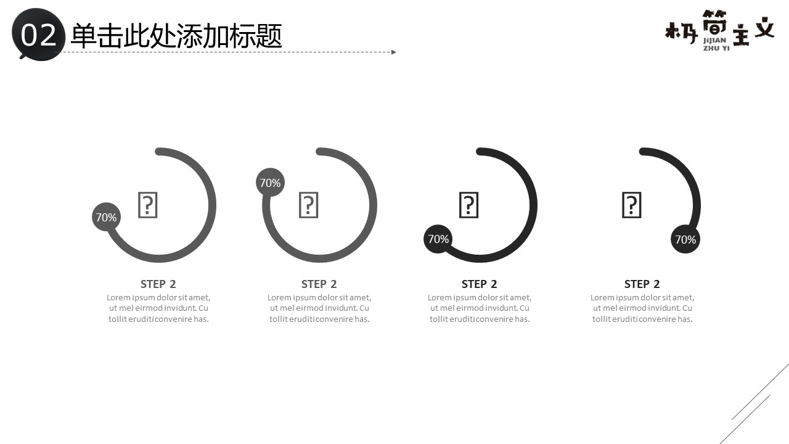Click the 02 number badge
click(x=38, y=35)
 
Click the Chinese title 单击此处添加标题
click(x=176, y=36)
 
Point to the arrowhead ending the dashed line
click(x=394, y=52)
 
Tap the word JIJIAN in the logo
click(x=714, y=40)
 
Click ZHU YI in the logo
click(x=716, y=48)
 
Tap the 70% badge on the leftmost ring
click(x=107, y=217)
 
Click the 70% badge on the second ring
click(x=270, y=183)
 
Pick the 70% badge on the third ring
click(x=438, y=239)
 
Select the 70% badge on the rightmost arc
click(x=685, y=239)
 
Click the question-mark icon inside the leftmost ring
click(x=147, y=205)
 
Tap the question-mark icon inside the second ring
click(x=309, y=205)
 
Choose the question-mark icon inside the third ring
click(x=469, y=205)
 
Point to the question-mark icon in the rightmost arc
click(x=632, y=205)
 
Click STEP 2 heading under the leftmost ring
click(x=158, y=284)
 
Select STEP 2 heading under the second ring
click(x=319, y=284)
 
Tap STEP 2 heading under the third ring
click(x=480, y=284)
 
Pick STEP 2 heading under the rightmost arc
click(x=642, y=284)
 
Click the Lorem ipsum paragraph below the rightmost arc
click(x=642, y=308)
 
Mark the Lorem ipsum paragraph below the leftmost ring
click(x=158, y=308)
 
